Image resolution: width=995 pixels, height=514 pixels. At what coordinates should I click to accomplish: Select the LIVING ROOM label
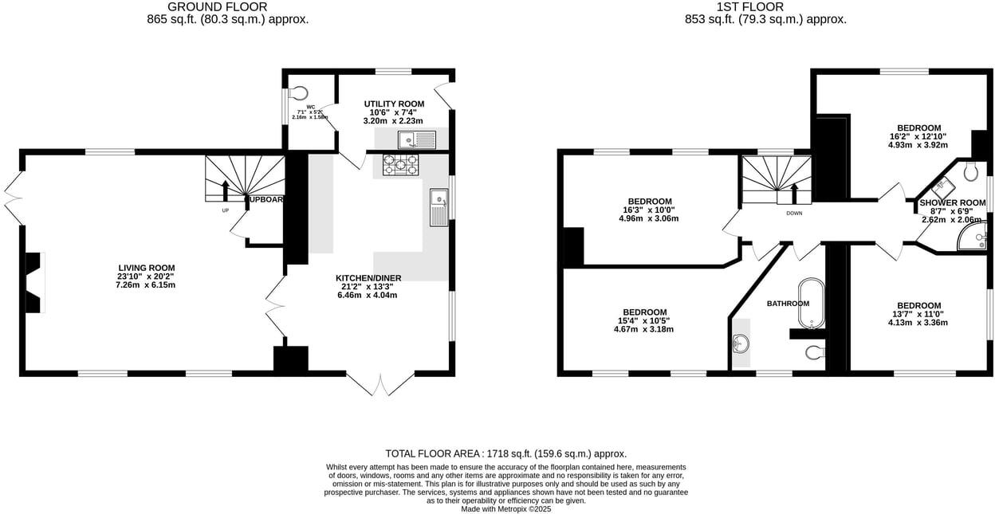click(146, 268)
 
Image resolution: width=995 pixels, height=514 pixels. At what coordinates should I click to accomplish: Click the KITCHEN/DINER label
click(368, 278)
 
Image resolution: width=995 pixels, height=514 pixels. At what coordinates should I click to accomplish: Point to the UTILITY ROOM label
click(394, 104)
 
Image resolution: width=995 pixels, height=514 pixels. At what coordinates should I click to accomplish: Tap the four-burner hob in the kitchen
click(401, 164)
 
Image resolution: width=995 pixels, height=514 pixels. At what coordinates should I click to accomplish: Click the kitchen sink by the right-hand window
click(439, 207)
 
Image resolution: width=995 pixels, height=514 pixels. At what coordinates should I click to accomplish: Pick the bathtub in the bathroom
click(811, 304)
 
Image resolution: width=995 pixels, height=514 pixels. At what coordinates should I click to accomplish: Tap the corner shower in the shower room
click(973, 237)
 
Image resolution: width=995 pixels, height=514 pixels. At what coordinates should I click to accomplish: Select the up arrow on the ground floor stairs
click(226, 190)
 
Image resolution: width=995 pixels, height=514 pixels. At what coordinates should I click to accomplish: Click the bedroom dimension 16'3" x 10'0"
click(648, 210)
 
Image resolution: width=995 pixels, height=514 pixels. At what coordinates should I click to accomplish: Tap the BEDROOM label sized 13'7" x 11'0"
click(918, 305)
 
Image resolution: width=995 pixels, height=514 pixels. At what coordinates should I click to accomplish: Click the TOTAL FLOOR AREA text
click(505, 453)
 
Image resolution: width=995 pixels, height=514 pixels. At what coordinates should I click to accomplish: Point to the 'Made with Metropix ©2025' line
click(505, 509)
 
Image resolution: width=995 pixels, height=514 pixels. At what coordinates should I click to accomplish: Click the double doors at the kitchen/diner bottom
click(380, 384)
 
